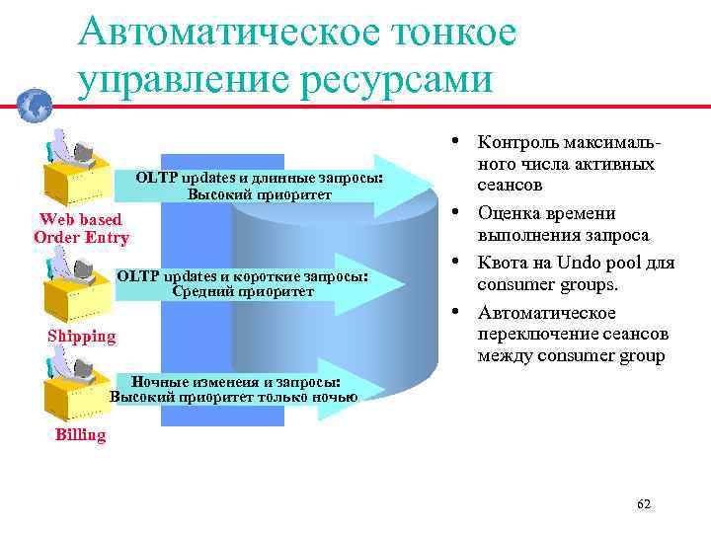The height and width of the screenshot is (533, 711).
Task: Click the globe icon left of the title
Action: tap(35, 103)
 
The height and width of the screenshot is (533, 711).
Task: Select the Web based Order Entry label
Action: tap(81, 228)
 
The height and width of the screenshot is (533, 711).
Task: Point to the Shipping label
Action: tap(81, 336)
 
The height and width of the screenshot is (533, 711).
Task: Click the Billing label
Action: tap(80, 434)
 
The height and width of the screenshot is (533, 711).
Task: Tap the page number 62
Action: tap(644, 504)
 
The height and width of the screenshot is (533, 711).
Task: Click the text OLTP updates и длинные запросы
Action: tap(259, 178)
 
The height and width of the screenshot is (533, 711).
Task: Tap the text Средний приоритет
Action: tap(243, 291)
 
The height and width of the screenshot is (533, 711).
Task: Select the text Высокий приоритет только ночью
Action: tap(234, 397)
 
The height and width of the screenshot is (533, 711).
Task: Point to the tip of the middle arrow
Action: tap(404, 284)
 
